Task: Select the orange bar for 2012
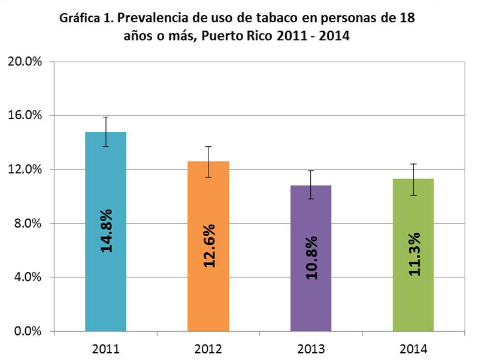tap(208, 294)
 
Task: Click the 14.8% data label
tap(107, 230)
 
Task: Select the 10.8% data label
tap(311, 257)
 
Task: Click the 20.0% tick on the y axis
tap(24, 61)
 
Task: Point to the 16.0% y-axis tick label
tap(24, 115)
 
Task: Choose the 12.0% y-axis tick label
tap(24, 169)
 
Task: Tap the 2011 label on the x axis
tap(105, 349)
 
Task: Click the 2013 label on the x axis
tap(310, 349)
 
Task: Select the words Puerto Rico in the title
tap(238, 35)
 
